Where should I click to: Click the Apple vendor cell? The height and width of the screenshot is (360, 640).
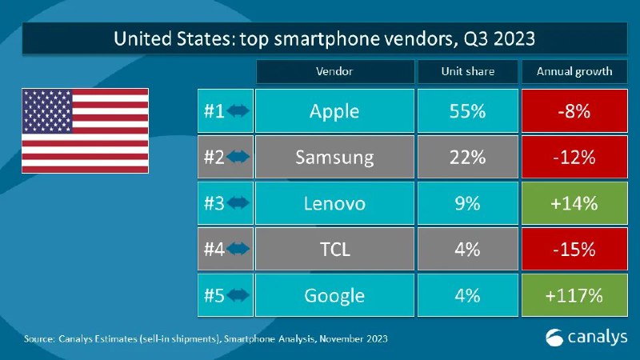[x=334, y=110]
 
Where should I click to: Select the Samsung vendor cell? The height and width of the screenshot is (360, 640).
[x=334, y=157]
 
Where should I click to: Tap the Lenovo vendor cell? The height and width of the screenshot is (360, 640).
[x=334, y=203]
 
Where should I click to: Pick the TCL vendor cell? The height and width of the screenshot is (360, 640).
[x=334, y=249]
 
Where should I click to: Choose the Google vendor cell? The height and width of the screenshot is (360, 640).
[x=334, y=295]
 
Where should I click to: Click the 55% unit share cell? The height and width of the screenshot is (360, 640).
[x=468, y=110]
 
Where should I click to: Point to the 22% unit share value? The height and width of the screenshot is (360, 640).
[x=468, y=157]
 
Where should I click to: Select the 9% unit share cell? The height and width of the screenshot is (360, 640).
[x=468, y=203]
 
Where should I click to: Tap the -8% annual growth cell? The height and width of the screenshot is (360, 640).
[x=574, y=110]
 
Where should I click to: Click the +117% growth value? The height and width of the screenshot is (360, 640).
[x=574, y=295]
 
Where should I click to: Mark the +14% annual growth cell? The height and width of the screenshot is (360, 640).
[x=574, y=203]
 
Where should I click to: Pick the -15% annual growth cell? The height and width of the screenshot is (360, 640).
[x=574, y=249]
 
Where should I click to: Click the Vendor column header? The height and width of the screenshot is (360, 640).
[x=334, y=71]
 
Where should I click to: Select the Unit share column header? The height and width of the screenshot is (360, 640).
[x=468, y=71]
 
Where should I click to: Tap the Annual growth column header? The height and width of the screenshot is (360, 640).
[x=574, y=71]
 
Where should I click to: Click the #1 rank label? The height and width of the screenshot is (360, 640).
[x=214, y=111]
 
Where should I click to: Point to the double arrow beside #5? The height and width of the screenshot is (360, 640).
[x=238, y=295]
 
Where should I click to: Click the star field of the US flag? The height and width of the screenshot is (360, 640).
[x=47, y=111]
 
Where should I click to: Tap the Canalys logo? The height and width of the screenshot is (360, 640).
[x=586, y=338]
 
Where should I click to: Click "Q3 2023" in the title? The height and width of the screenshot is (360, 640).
[x=498, y=39]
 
